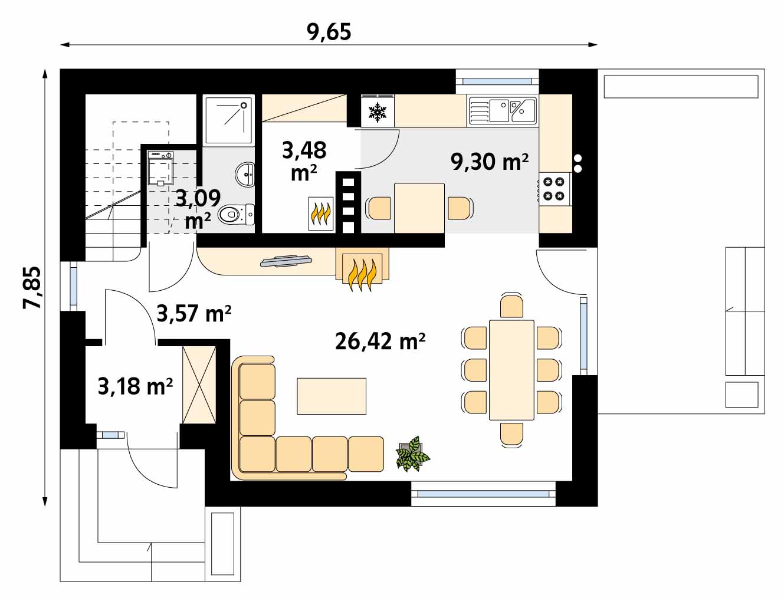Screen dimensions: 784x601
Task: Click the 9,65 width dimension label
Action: [x=329, y=32]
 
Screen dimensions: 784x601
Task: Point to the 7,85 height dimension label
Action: [x=32, y=288]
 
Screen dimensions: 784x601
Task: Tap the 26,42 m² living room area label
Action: [x=380, y=341]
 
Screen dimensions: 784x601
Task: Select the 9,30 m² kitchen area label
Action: [x=489, y=162]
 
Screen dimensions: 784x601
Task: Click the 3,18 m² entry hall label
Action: [x=135, y=386]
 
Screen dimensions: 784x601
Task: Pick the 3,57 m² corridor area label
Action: [x=194, y=313]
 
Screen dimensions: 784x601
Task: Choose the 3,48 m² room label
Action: [x=304, y=161]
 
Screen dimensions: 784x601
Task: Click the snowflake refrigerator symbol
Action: [x=378, y=112]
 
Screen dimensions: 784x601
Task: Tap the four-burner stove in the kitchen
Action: [x=554, y=189]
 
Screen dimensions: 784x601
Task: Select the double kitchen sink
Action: [x=503, y=111]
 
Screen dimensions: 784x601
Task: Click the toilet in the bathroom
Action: [x=237, y=215]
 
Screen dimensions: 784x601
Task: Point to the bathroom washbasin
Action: [x=245, y=175]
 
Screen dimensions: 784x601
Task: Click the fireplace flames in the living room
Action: [x=362, y=274]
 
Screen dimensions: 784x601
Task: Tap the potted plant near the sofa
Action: [x=413, y=454]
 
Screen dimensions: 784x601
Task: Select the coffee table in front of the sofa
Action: [x=332, y=396]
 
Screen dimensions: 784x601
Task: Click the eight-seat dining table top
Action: [x=511, y=370]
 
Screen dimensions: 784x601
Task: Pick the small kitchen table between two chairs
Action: [x=419, y=208]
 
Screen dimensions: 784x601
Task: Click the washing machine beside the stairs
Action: [x=160, y=169]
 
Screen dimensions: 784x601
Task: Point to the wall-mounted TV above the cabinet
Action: [x=286, y=261]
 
